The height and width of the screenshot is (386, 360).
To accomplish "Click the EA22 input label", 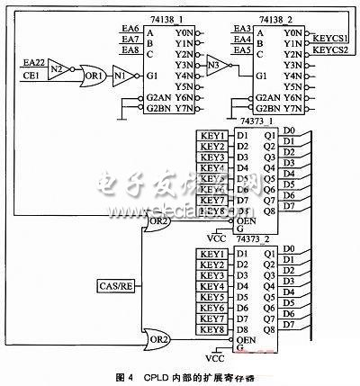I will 31,61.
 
